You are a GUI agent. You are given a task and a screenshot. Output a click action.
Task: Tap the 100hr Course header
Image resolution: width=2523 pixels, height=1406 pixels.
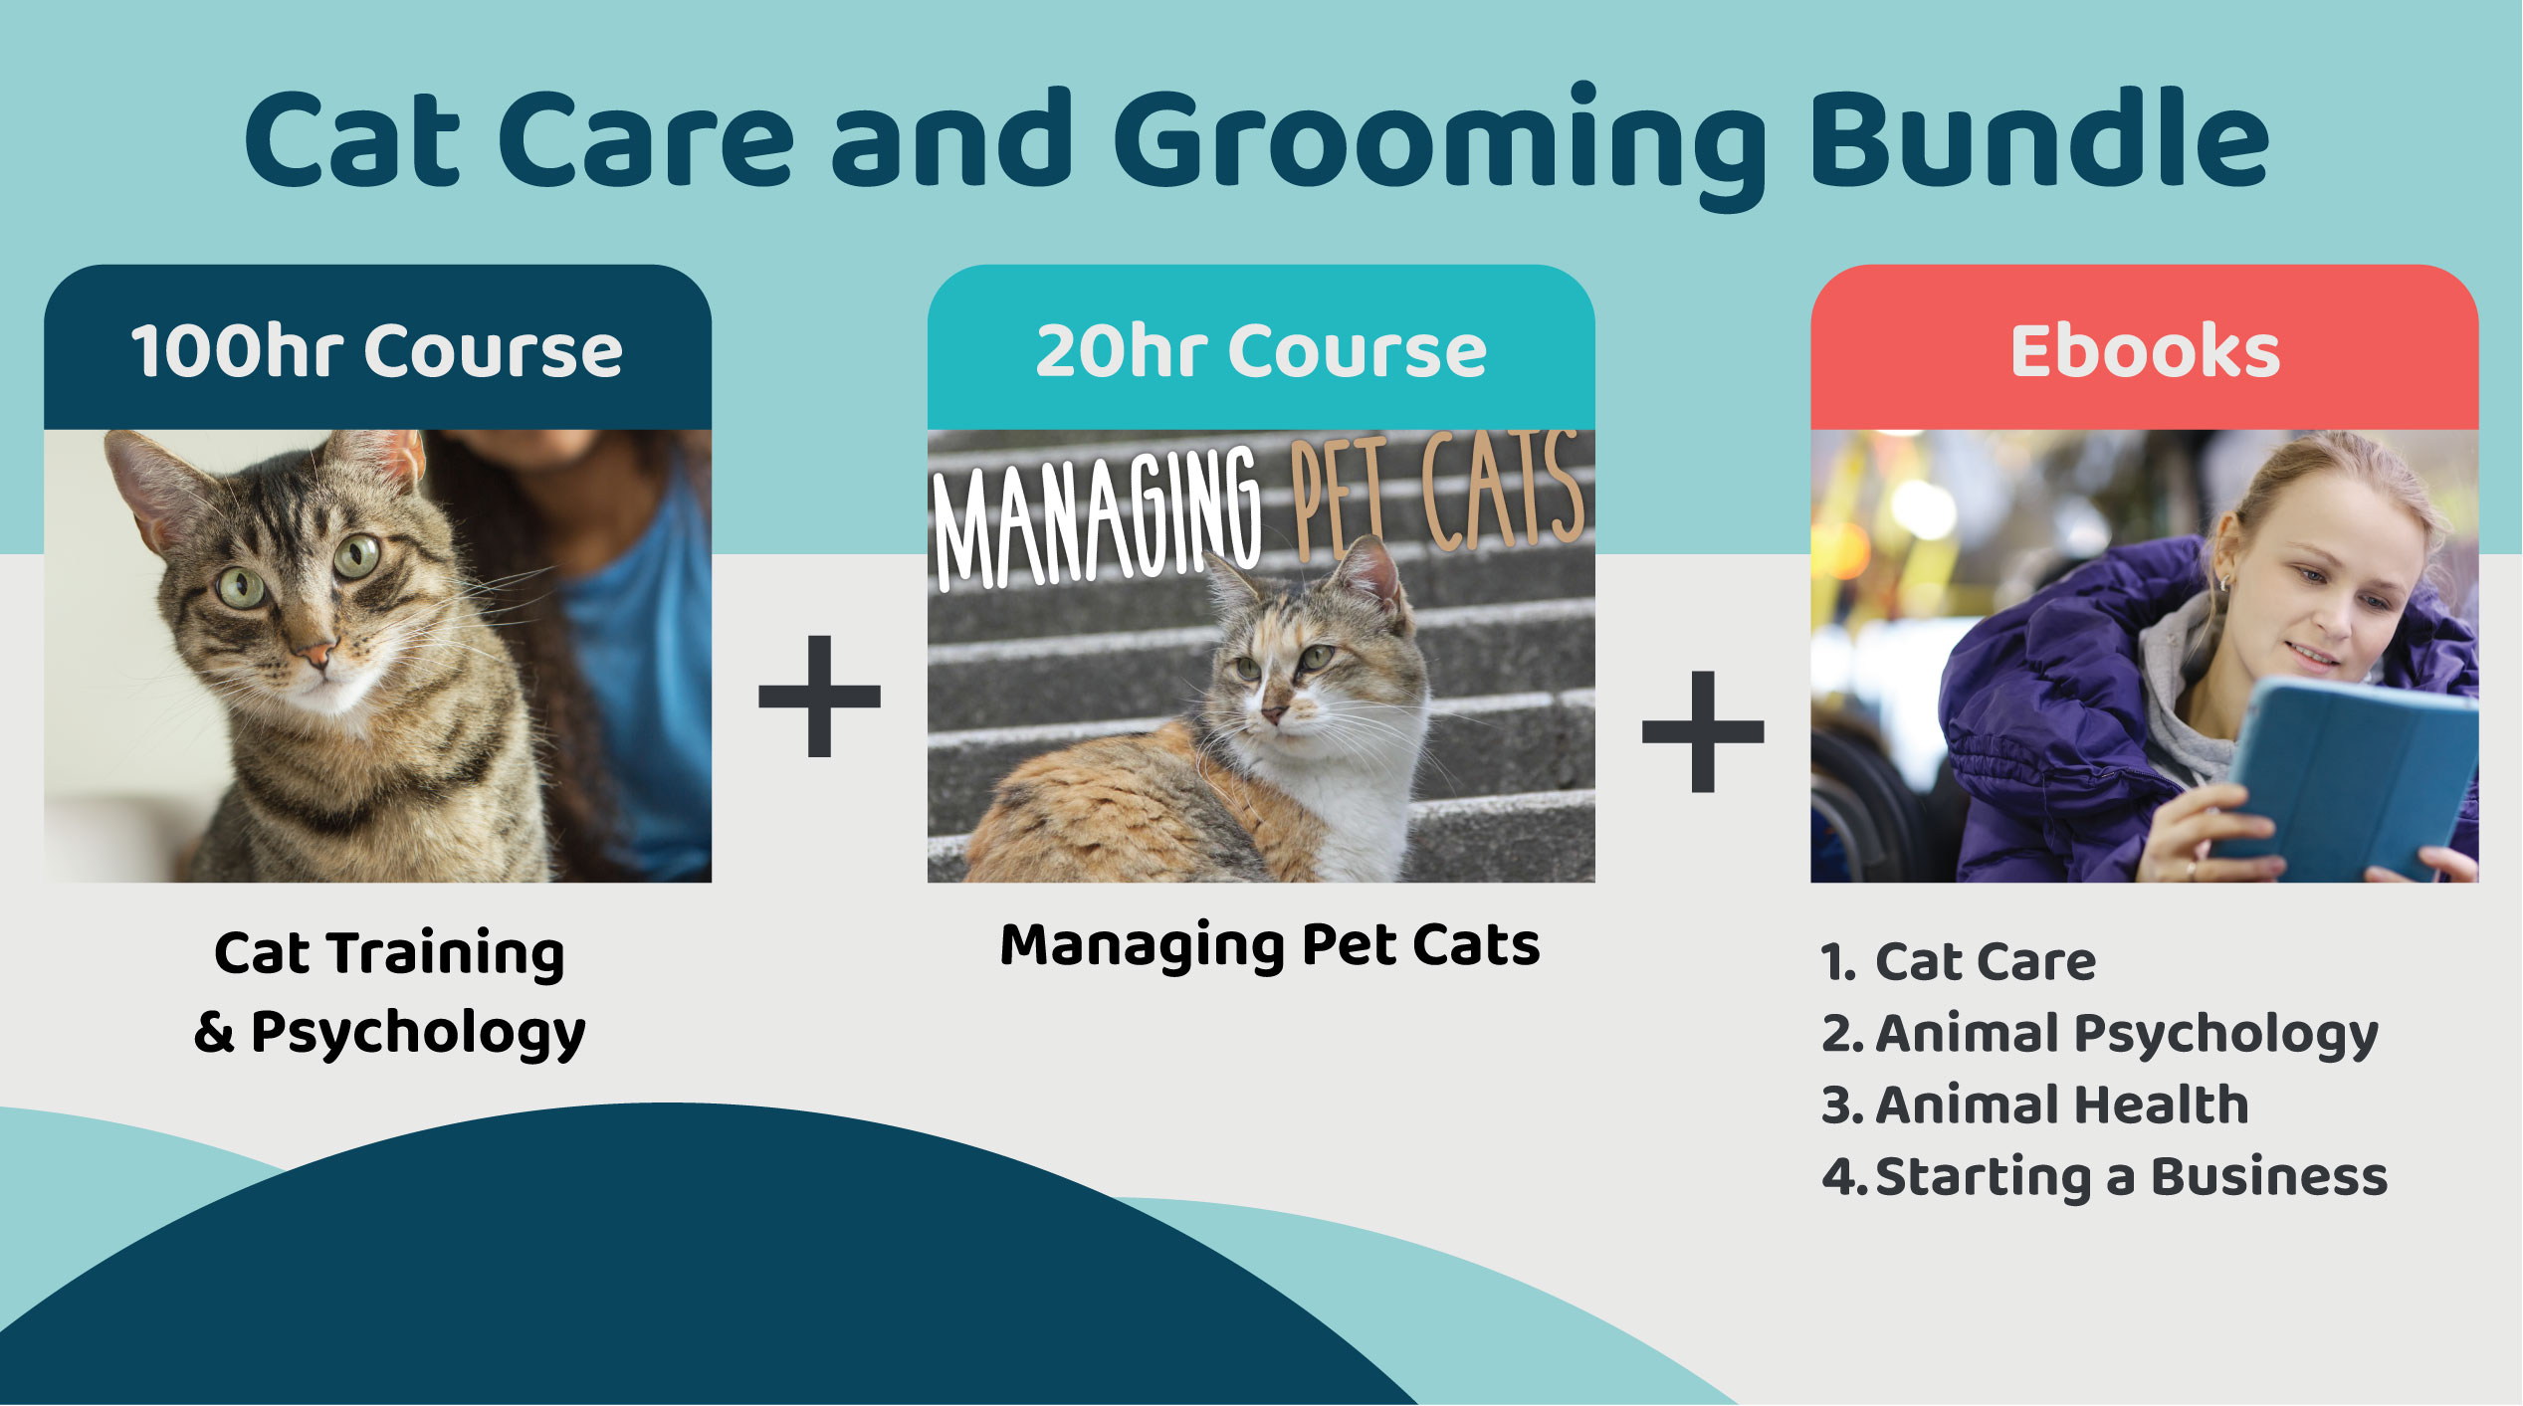pyautogui.click(x=377, y=351)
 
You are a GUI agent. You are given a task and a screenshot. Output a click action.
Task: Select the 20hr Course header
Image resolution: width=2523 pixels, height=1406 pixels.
pyautogui.click(x=1261, y=351)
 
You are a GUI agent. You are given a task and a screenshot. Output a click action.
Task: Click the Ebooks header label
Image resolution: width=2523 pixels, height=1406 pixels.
pyautogui.click(x=2145, y=350)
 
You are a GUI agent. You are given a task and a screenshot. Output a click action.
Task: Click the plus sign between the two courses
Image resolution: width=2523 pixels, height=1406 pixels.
pyautogui.click(x=819, y=696)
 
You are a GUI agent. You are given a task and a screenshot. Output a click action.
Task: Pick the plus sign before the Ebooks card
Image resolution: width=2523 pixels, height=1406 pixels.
pyautogui.click(x=1703, y=731)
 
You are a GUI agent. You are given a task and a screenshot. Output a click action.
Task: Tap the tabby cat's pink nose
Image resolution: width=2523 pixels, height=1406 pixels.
pyautogui.click(x=317, y=656)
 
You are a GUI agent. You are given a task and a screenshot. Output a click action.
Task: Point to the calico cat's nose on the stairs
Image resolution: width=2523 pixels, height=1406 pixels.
pyautogui.click(x=1273, y=714)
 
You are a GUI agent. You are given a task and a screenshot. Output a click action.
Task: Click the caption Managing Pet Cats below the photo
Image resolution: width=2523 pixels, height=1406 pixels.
pyautogui.click(x=1270, y=945)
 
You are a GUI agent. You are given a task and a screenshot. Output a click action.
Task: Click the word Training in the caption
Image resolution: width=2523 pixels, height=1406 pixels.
pyautogui.click(x=447, y=955)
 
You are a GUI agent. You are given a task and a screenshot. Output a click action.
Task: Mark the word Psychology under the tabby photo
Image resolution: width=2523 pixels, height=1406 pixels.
pyautogui.click(x=418, y=1033)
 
